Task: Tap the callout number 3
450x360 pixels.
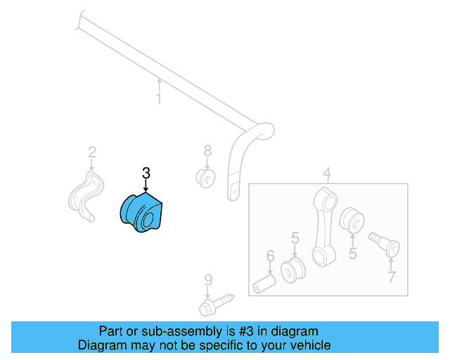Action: click(146, 172)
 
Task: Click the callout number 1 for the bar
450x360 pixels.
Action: click(159, 99)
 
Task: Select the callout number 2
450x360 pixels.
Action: click(91, 151)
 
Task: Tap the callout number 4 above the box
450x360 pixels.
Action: click(327, 173)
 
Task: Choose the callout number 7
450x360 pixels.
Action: click(391, 276)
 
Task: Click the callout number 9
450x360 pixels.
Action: click(208, 281)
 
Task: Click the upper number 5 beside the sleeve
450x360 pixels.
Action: click(295, 238)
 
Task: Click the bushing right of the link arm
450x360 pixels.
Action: click(351, 219)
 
